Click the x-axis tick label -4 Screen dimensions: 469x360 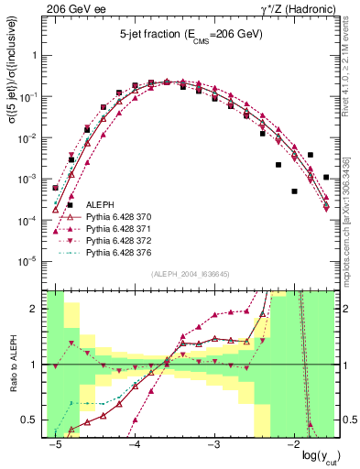pyautogui.click(x=134, y=442)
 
